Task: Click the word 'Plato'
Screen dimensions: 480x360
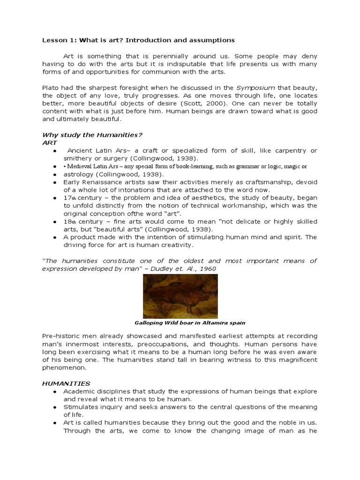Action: point(52,87)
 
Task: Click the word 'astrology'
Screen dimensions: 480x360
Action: point(78,174)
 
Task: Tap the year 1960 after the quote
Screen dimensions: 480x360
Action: point(208,269)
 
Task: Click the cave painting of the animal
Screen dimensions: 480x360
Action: point(180,296)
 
